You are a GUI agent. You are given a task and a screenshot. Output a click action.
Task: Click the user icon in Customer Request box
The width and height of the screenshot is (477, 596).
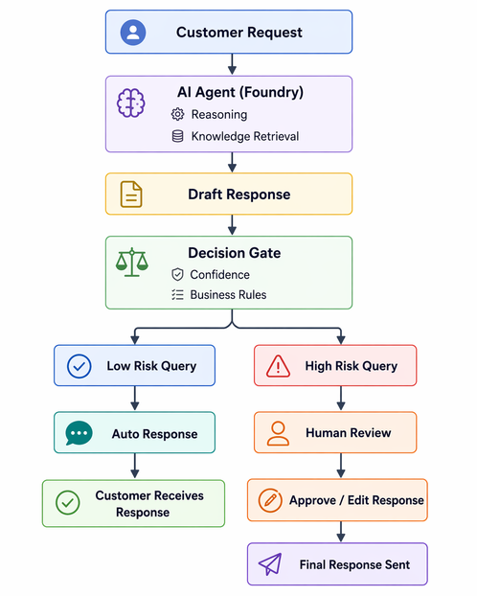pos(133,33)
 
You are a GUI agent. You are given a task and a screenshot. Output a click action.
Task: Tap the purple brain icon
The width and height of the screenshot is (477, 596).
pos(131,103)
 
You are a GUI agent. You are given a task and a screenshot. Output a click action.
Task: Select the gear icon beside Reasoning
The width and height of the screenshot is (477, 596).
pos(177,114)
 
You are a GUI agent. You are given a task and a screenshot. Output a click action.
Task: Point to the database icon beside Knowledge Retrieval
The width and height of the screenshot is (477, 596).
pos(177,136)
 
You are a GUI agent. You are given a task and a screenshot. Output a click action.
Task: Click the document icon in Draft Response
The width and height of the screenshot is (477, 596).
pos(131,195)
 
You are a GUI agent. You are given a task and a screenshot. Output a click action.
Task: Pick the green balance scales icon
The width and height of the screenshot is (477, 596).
pos(132,263)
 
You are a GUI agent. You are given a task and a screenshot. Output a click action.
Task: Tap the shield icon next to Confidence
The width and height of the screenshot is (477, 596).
pos(177,274)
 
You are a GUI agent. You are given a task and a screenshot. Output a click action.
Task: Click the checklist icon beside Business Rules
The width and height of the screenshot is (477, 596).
pos(177,294)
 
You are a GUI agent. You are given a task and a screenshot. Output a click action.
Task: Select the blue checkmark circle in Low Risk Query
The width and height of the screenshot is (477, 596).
pos(79,366)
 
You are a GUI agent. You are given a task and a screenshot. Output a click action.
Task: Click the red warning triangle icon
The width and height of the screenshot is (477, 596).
pos(278,366)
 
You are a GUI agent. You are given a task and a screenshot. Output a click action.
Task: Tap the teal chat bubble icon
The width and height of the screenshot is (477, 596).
pos(79,433)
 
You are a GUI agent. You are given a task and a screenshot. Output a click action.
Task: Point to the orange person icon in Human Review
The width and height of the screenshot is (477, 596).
pos(278,433)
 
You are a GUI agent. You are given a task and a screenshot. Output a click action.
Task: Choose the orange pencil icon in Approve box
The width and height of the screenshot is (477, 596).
pos(270,500)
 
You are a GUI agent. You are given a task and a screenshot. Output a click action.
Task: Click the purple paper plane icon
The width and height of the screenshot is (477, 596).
pos(270,564)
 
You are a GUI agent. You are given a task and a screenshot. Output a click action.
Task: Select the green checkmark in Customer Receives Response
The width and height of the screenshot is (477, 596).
pos(68,503)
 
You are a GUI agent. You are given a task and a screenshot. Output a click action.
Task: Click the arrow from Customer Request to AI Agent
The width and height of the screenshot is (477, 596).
pos(232,64)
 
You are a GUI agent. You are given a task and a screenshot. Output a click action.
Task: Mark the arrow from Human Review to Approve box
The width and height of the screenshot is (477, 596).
pos(341,466)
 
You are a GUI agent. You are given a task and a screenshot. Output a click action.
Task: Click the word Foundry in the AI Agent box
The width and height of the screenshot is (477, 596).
pos(274,92)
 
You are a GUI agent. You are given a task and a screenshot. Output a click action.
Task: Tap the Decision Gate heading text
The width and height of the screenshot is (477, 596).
pos(235,253)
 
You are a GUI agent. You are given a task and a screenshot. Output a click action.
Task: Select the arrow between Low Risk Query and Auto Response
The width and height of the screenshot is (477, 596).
pos(135,399)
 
